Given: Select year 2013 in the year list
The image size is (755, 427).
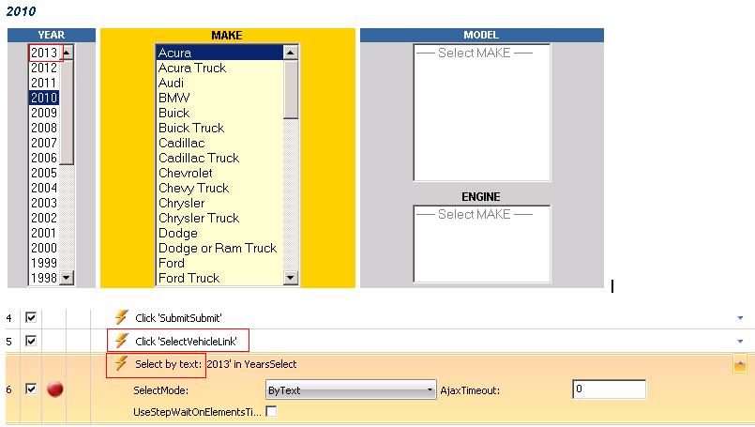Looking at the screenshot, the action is [44, 53].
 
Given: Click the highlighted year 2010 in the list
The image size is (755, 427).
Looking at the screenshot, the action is [44, 98].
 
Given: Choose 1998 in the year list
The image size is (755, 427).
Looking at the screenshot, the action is [44, 278].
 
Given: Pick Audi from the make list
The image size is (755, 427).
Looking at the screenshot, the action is [171, 83].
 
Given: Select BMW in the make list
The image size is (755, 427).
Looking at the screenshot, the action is [174, 98].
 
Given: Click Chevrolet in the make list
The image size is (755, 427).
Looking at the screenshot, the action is [186, 173].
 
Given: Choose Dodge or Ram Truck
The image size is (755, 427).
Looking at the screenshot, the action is [218, 248].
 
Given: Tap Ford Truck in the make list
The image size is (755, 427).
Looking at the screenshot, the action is [189, 278].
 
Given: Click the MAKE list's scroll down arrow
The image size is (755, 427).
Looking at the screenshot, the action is [291, 278].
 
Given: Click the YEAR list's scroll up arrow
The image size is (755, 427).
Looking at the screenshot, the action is [67, 52].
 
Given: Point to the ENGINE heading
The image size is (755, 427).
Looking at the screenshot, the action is [481, 197].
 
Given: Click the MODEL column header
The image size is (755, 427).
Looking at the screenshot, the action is [481, 35].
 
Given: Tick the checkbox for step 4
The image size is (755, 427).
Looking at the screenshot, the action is [31, 317].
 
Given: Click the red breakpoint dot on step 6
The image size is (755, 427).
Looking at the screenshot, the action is [55, 389].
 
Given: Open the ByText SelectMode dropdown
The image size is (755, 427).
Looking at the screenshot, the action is [351, 389].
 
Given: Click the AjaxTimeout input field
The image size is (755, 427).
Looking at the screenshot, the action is [609, 389].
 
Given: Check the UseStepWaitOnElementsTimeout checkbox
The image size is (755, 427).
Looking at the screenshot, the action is [272, 412].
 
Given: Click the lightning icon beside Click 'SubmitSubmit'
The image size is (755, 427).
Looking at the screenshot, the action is [121, 317].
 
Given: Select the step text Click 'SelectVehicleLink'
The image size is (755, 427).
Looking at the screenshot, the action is [186, 342].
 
